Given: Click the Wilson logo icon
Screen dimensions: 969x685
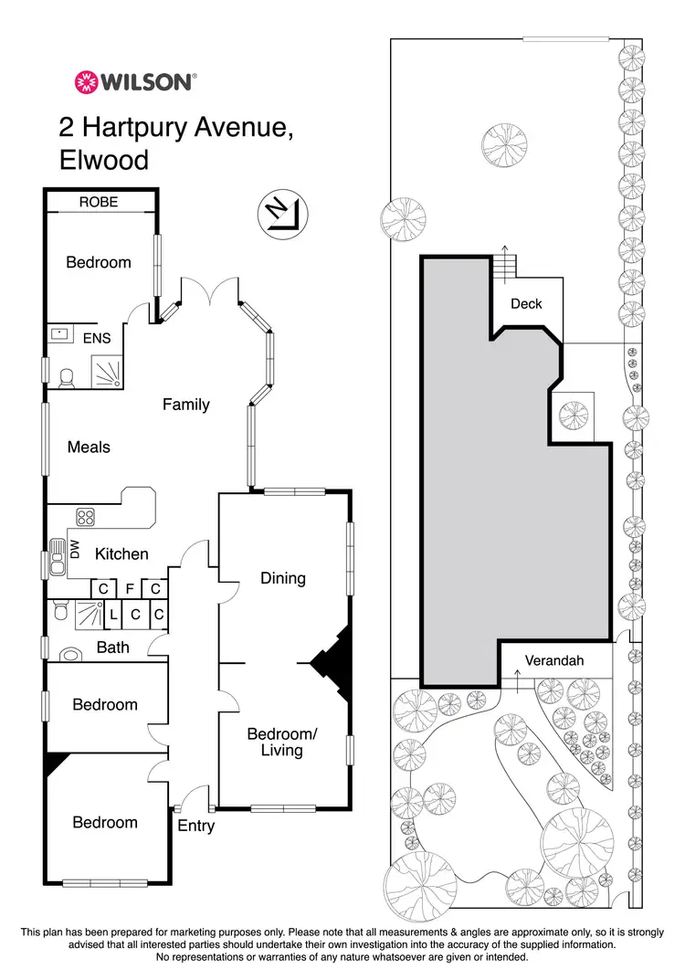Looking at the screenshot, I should coord(86,82).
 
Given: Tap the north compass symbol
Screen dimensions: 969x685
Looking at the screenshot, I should coord(281,214).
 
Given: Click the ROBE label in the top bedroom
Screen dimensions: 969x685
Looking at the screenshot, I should coord(99,202).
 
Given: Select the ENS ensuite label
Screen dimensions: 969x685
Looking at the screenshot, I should coord(97,338).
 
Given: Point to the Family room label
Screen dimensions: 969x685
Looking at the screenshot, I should coord(186,404).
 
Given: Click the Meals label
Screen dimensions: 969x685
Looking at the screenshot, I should coord(89,447).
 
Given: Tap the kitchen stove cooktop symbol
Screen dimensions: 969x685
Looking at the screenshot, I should coord(86,518).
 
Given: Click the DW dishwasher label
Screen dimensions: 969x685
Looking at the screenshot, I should coord(76,550).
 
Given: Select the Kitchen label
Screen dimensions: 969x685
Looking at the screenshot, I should coord(121,553).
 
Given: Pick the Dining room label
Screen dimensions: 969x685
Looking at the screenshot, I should coord(282,578).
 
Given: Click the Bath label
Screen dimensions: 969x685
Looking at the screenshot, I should coord(112,648).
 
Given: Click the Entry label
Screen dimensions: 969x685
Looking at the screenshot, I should coord(195,826).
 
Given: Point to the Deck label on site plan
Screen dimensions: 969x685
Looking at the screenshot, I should coord(526,303).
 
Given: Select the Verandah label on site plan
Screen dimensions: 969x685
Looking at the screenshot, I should coord(553,660).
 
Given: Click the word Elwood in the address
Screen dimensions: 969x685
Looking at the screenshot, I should coord(103,160).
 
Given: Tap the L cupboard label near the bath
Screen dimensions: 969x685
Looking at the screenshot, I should coord(113,616).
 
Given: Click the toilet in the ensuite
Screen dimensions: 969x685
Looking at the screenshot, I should coord(66,378).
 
